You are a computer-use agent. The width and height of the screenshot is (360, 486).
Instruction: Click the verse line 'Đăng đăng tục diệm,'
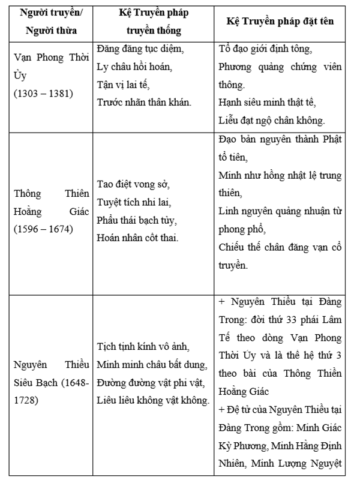coord(140,49)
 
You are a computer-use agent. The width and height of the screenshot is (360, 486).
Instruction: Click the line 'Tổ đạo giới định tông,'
coord(266,49)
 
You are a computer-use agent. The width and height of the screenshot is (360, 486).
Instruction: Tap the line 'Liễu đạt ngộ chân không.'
coord(272,120)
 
